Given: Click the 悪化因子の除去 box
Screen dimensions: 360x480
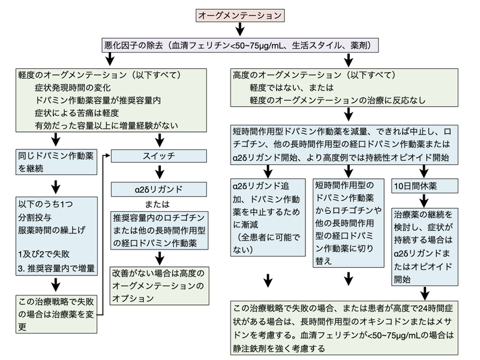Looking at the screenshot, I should (241, 45).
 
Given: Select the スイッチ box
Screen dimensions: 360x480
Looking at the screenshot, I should (159, 155).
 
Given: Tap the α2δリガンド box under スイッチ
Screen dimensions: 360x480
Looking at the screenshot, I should (159, 188).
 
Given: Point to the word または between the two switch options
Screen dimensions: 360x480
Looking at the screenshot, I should (159, 203).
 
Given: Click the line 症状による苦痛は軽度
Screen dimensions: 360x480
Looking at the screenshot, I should (78, 113).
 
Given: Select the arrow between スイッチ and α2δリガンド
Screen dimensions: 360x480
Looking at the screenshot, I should (159, 172).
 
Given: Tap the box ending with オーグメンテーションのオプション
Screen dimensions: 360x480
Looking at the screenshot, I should (159, 285).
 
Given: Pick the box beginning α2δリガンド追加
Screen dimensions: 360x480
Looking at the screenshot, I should (268, 218).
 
